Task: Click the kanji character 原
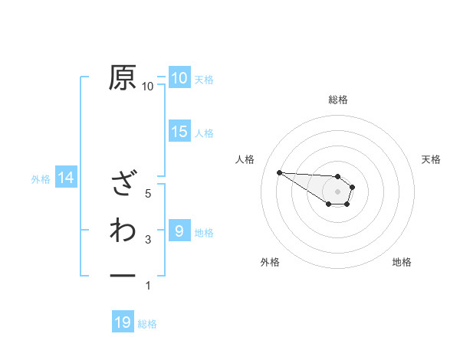[123, 77]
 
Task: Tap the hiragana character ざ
[123, 184]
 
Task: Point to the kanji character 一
[123, 275]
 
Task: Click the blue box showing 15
[179, 132]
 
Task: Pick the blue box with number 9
[179, 231]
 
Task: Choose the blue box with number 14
[66, 178]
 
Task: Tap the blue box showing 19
[123, 322]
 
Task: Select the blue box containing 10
[179, 77]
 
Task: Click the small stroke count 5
[148, 194]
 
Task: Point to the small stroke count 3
[148, 241]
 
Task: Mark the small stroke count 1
[148, 286]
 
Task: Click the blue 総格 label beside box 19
[147, 324]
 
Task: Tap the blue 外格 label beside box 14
[41, 179]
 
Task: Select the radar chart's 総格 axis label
[338, 100]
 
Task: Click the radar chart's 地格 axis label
[402, 262]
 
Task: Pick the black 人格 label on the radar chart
[245, 159]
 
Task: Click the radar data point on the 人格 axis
[279, 172]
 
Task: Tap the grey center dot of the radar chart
[338, 191]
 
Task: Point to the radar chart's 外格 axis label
[270, 262]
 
